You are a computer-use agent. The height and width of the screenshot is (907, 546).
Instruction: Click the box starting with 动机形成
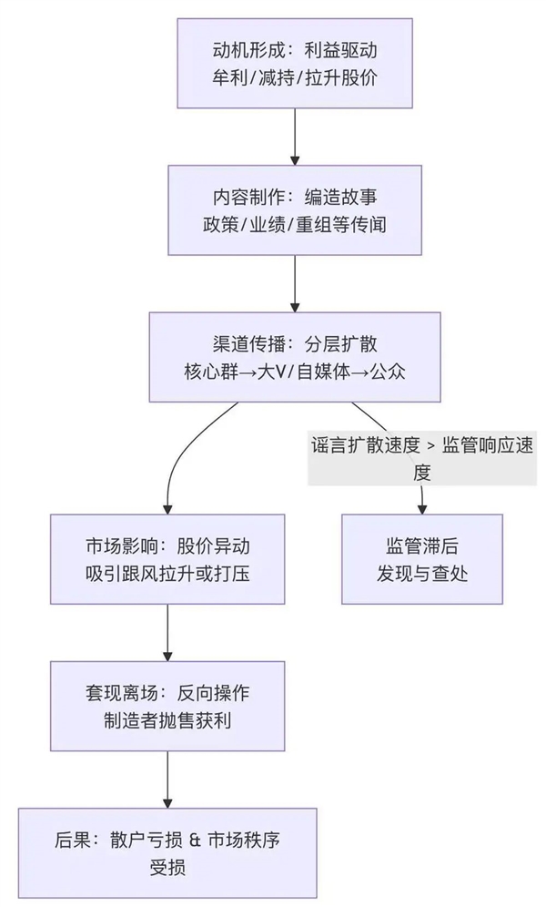coord(296,63)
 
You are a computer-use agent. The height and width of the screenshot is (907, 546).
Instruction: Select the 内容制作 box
coord(295,209)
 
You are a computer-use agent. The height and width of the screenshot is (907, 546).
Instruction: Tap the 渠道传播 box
coord(295,357)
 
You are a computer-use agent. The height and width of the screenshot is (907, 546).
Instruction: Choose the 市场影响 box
coord(167,559)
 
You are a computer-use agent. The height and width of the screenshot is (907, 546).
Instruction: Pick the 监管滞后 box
coord(422,559)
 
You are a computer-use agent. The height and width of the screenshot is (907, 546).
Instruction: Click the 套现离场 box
coord(167,706)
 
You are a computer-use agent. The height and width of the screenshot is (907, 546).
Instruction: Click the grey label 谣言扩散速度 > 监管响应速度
coord(421,458)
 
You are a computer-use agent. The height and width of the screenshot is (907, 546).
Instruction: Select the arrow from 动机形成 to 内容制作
coord(295,137)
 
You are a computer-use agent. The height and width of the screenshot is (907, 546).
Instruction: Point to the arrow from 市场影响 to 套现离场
coord(167,632)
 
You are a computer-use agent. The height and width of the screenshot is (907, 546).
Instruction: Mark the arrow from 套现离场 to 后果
coord(167,780)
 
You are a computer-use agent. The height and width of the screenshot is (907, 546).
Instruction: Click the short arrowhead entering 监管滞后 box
coord(422,504)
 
